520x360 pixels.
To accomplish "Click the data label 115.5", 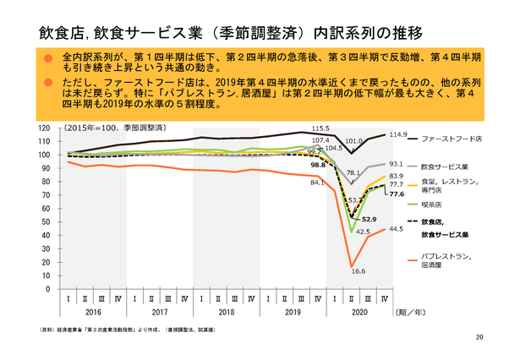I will click(320, 127).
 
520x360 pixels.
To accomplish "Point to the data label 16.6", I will click(358, 270).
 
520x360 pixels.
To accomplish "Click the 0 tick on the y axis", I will click(49, 289).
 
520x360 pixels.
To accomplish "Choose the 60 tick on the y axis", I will click(47, 208).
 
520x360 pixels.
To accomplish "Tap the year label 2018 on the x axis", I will click(227, 311).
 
